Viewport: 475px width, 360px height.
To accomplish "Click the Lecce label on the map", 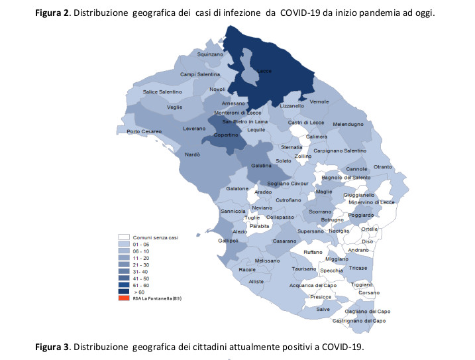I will click(264, 71).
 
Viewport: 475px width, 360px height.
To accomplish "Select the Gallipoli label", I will click(228, 241).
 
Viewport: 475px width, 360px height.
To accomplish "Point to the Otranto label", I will click(383, 166).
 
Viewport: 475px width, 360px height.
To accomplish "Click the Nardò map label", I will click(192, 154).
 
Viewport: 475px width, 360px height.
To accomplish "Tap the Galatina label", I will click(262, 165).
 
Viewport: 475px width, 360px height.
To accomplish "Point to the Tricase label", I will click(358, 268).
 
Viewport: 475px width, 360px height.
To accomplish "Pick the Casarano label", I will click(284, 241).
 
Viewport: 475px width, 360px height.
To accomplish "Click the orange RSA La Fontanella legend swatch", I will click(123, 298).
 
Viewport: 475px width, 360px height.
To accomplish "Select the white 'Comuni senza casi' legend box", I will click(123, 237).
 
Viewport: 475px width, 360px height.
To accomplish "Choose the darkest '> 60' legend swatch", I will click(123, 290).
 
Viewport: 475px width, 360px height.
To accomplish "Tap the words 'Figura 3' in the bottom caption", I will click(54, 347).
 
